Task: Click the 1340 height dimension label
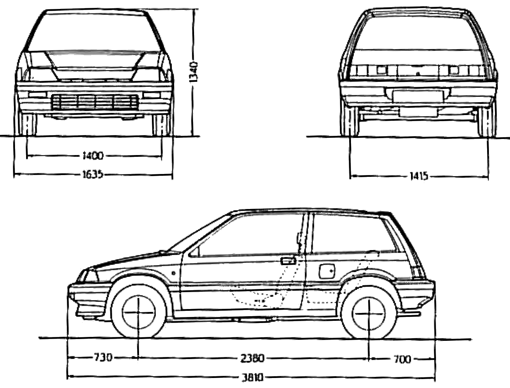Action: (193, 72)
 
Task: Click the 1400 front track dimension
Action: (93, 156)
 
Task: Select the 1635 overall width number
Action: (93, 174)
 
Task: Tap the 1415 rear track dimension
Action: (419, 176)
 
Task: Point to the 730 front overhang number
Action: (103, 357)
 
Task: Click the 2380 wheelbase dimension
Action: (252, 358)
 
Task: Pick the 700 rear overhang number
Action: (402, 359)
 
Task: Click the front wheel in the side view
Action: (138, 312)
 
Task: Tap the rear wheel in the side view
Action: (369, 313)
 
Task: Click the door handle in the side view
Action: (288, 261)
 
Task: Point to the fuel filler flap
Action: (327, 271)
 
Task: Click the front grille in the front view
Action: (95, 102)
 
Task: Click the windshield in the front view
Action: (95, 32)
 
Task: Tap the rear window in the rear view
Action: (417, 30)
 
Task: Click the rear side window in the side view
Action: (353, 234)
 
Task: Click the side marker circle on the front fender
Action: (174, 273)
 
